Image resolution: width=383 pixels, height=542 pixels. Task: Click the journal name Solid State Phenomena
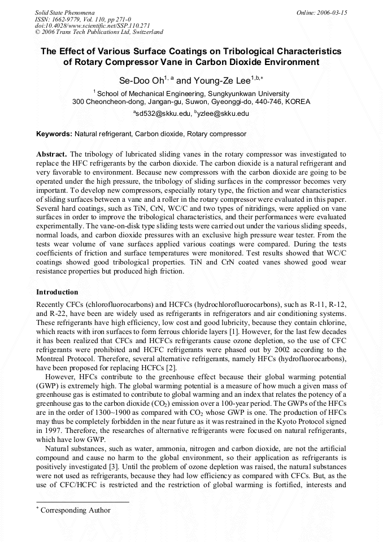click(x=64, y=12)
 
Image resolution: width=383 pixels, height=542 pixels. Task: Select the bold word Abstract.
click(x=52, y=154)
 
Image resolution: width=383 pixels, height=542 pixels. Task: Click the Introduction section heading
click(x=57, y=292)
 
